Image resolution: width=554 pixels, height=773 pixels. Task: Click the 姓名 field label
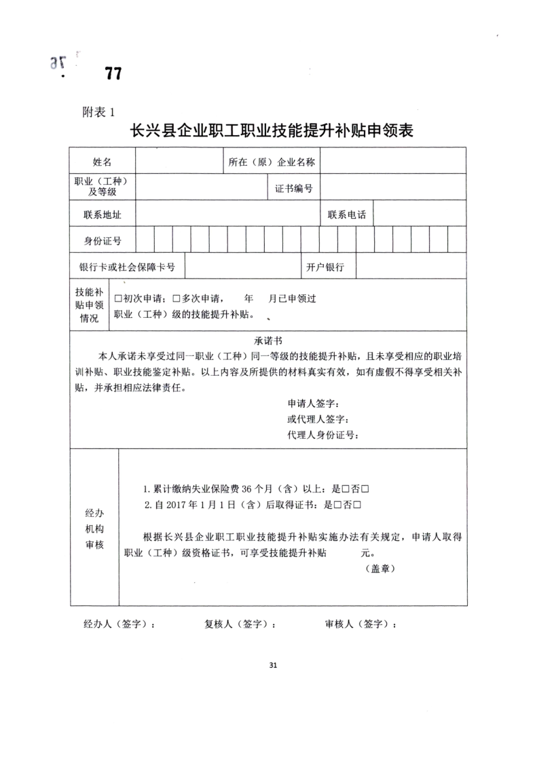(103, 162)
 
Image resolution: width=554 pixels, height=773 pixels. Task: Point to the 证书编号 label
(293, 188)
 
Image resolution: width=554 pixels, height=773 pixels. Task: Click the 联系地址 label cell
(103, 215)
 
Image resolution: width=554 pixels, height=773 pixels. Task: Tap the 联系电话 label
(346, 215)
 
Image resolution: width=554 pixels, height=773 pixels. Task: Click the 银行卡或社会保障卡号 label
(127, 267)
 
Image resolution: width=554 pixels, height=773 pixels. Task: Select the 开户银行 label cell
(325, 267)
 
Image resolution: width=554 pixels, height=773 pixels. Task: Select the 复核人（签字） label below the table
(240, 624)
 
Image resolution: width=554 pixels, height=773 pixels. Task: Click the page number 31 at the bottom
(273, 665)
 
